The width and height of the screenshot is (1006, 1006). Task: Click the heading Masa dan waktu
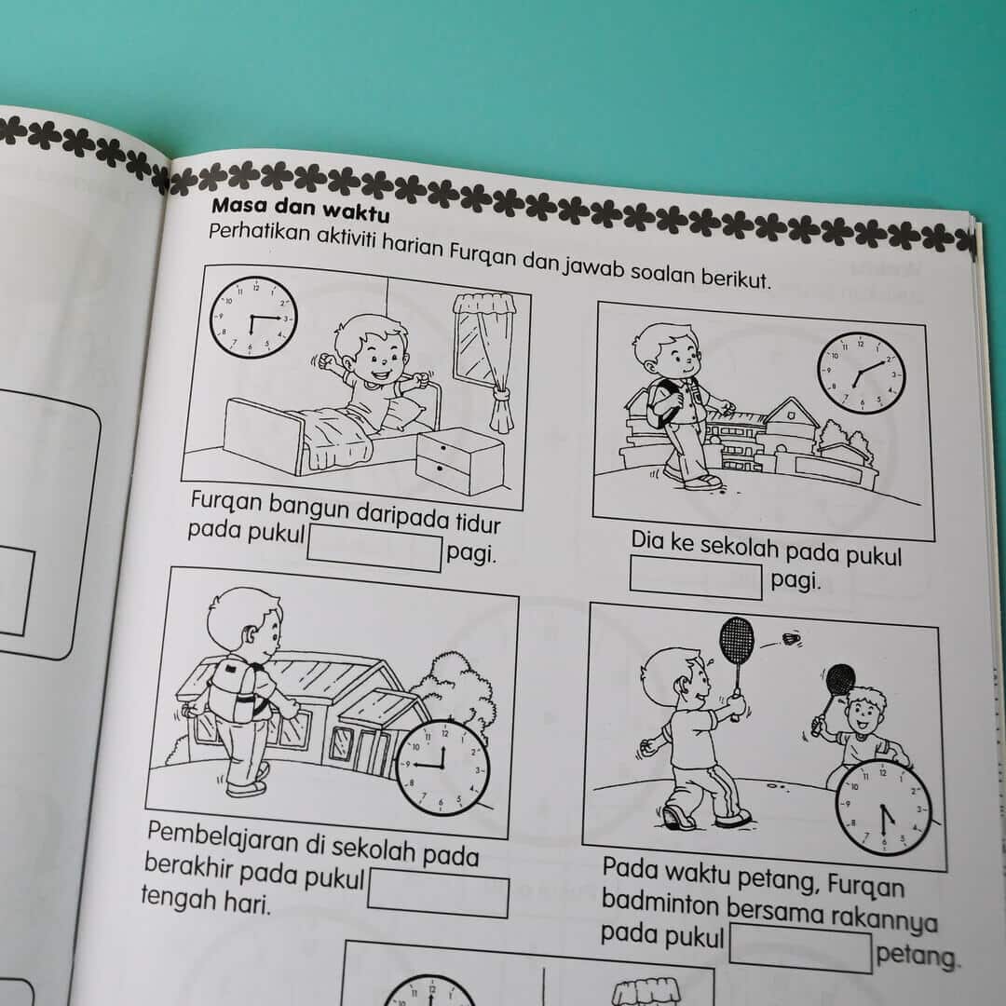click(300, 209)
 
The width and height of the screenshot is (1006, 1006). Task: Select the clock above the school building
click(861, 373)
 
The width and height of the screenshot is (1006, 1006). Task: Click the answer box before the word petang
click(801, 947)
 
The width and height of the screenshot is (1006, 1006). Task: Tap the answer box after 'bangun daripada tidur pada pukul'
click(375, 548)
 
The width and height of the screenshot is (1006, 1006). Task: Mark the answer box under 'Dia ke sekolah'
click(696, 578)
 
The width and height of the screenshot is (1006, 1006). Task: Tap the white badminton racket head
click(737, 641)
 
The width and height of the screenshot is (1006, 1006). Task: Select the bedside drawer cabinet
click(459, 460)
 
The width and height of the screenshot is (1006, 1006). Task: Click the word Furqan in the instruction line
click(482, 252)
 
